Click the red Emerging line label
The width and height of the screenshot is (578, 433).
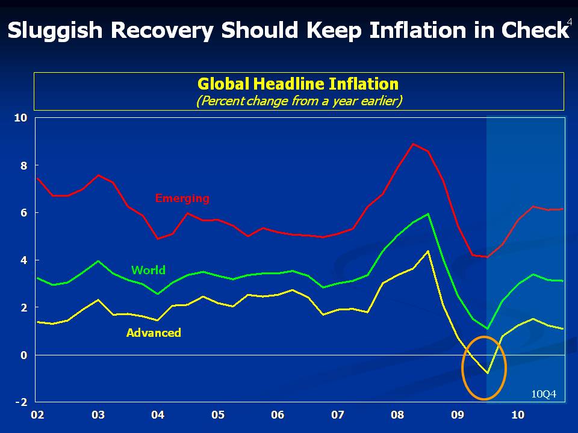(x=182, y=198)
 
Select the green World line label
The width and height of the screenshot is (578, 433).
(x=148, y=270)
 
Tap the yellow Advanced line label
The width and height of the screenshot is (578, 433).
(x=154, y=333)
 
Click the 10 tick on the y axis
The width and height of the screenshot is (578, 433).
(x=21, y=118)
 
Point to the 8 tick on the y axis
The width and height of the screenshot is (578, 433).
(x=24, y=165)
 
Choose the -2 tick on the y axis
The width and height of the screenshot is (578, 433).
(x=21, y=402)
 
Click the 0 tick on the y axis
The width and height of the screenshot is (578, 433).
(x=24, y=355)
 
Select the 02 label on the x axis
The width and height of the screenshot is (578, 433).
(x=37, y=415)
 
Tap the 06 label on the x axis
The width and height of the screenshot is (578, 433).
(x=278, y=415)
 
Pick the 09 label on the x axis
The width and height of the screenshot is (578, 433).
(x=458, y=415)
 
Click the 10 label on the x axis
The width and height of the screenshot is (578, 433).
(x=517, y=415)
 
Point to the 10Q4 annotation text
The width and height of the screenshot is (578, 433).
(x=544, y=395)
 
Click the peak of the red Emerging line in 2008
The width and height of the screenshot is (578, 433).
(x=412, y=144)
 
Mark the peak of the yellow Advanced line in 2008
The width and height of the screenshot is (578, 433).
(x=427, y=251)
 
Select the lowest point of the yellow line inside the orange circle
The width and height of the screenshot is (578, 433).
(x=488, y=373)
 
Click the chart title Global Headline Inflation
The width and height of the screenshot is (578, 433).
(x=298, y=84)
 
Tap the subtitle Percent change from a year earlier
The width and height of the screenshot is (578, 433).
(x=299, y=100)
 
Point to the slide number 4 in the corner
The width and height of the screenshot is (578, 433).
(x=570, y=21)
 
